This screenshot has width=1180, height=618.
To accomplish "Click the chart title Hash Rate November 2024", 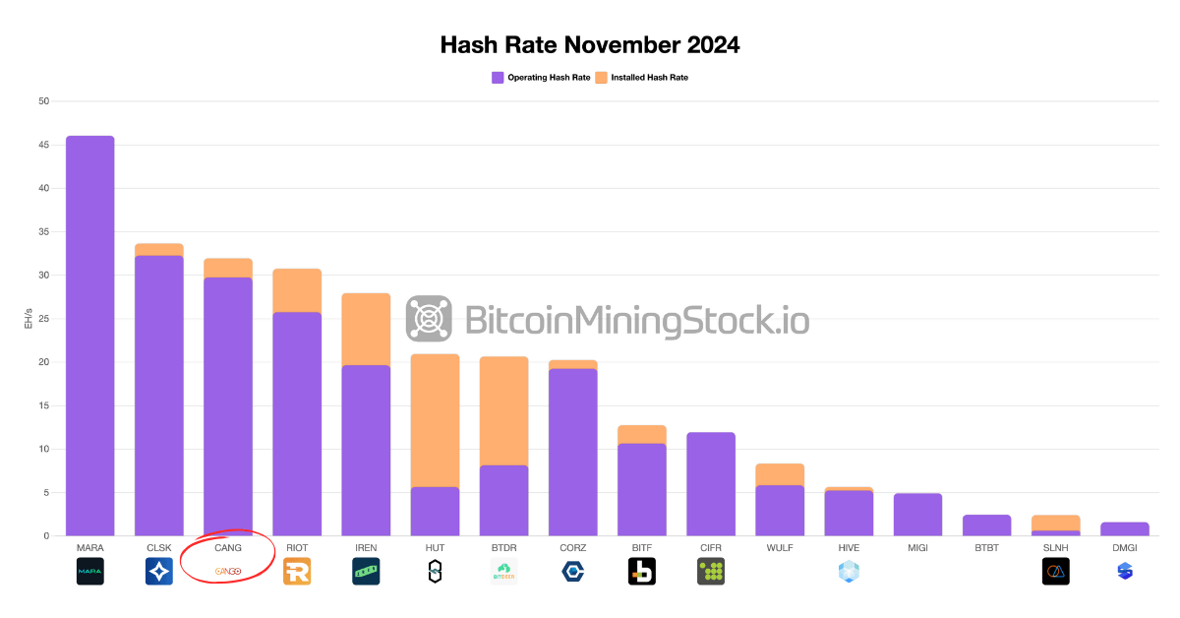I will coord(589,45).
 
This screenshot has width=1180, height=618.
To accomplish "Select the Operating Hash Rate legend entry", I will coord(540,77).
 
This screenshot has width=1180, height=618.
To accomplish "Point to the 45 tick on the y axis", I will coord(43,145).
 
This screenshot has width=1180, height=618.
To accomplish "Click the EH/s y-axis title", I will coord(29,319).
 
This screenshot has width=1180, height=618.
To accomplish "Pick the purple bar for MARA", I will coord(89,335).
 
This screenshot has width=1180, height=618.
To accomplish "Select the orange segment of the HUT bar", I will coord(435,420).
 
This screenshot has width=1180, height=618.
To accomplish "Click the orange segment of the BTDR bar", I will coord(503,410).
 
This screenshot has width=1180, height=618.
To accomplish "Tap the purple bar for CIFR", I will coord(710,483).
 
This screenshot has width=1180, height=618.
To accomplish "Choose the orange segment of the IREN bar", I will coord(366,329).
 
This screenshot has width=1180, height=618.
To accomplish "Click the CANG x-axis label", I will coord(227,548).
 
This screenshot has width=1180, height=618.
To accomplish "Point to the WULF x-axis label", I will coord(780,548).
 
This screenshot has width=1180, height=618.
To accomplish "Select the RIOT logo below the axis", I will coord(297,572).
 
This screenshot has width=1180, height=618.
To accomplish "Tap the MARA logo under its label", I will coord(89,572).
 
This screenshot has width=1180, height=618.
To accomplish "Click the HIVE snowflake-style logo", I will coord(849,572).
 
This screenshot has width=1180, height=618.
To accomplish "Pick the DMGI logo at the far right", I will coord(1125,572).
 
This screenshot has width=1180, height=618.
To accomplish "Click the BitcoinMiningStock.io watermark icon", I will coord(429,319).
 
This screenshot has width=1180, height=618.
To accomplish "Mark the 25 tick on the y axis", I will coord(43,319).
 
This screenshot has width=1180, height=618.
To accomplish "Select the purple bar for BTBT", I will coord(986,525).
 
